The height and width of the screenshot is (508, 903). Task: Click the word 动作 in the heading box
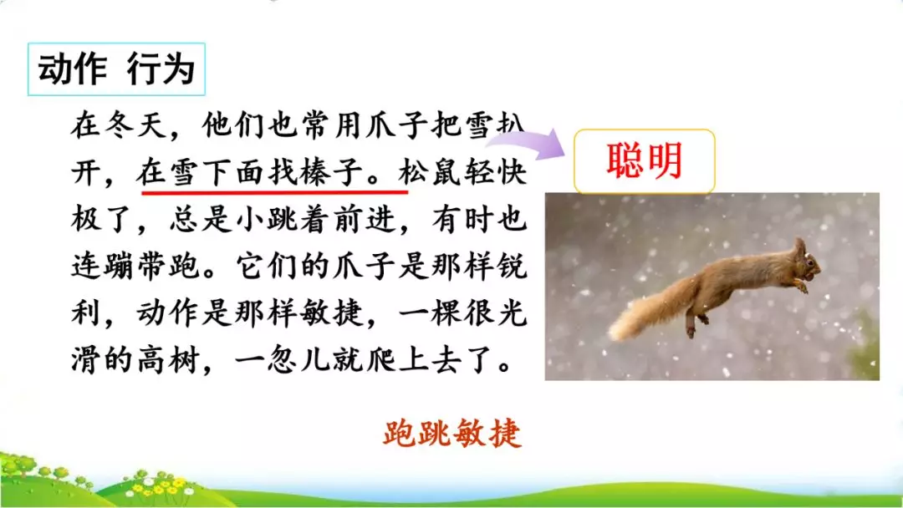click(73, 69)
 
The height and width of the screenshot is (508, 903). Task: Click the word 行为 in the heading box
click(161, 69)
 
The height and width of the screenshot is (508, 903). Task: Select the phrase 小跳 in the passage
click(268, 221)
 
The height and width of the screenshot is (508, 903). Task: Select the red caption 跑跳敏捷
click(452, 434)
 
